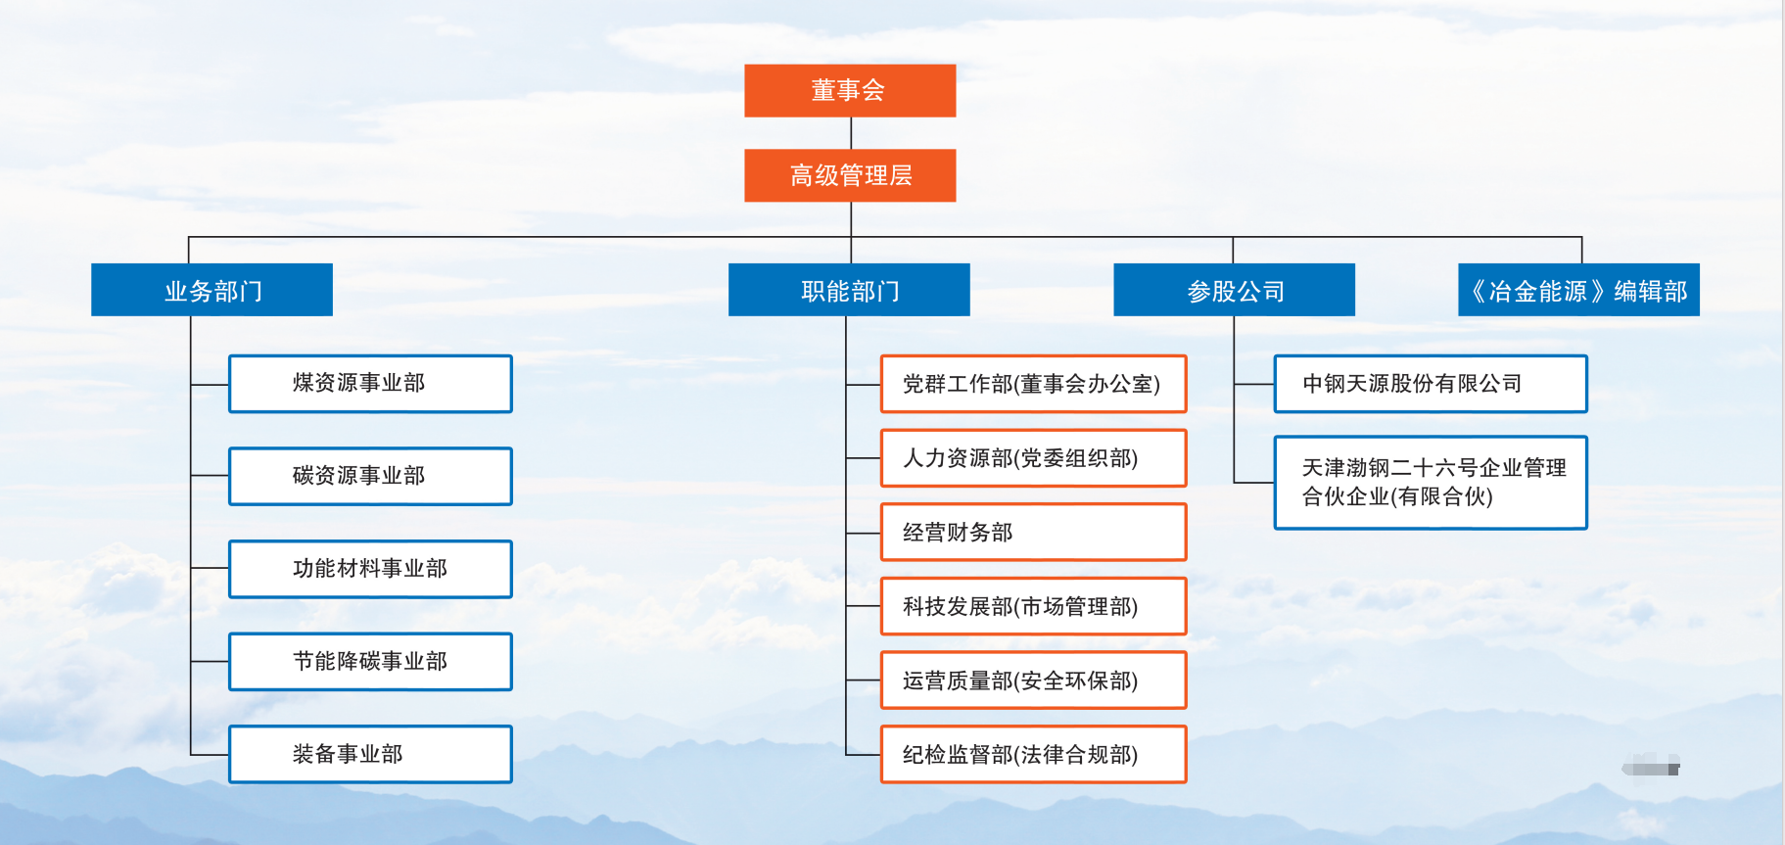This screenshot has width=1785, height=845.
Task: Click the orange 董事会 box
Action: (x=850, y=91)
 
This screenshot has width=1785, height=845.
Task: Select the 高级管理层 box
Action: (x=850, y=175)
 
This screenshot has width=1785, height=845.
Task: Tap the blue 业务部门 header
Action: (x=211, y=290)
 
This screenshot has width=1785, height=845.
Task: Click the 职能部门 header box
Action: (x=849, y=290)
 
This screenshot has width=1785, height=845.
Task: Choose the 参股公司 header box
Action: (x=1234, y=290)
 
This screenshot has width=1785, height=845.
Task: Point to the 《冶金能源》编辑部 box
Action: (x=1578, y=290)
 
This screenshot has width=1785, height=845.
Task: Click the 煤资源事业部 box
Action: (x=370, y=384)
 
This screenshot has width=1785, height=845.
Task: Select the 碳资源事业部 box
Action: (x=370, y=477)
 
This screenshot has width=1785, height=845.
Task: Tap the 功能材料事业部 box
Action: (x=370, y=569)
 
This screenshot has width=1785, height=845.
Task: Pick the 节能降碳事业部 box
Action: (x=370, y=662)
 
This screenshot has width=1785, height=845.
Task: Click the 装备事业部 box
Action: (x=370, y=754)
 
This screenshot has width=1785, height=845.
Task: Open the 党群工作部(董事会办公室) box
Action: (x=1033, y=384)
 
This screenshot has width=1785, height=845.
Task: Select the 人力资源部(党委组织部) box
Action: (x=1033, y=458)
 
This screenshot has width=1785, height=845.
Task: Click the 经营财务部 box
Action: (x=1033, y=533)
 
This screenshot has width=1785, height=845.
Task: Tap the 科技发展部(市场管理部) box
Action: (x=1033, y=607)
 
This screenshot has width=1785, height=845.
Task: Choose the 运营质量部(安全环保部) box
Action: (x=1033, y=681)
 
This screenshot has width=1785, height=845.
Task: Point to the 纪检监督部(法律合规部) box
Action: (x=1033, y=755)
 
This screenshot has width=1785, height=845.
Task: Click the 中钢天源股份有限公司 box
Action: (x=1430, y=384)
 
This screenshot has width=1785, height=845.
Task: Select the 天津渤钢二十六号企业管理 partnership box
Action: (x=1430, y=483)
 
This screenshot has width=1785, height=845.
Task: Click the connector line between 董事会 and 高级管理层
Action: (x=851, y=133)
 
